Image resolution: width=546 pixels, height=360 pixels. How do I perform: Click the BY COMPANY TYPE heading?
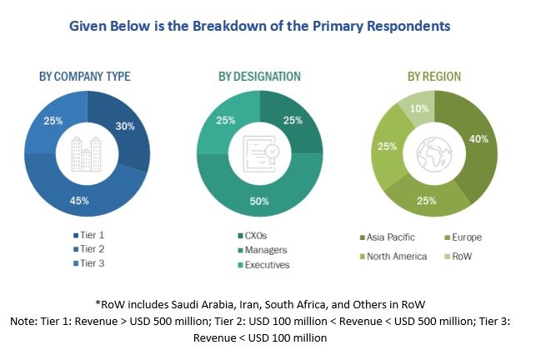[85, 77]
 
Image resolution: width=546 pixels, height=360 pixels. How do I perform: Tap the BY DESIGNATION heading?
[259, 77]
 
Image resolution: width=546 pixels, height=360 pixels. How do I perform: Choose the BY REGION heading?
[433, 77]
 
